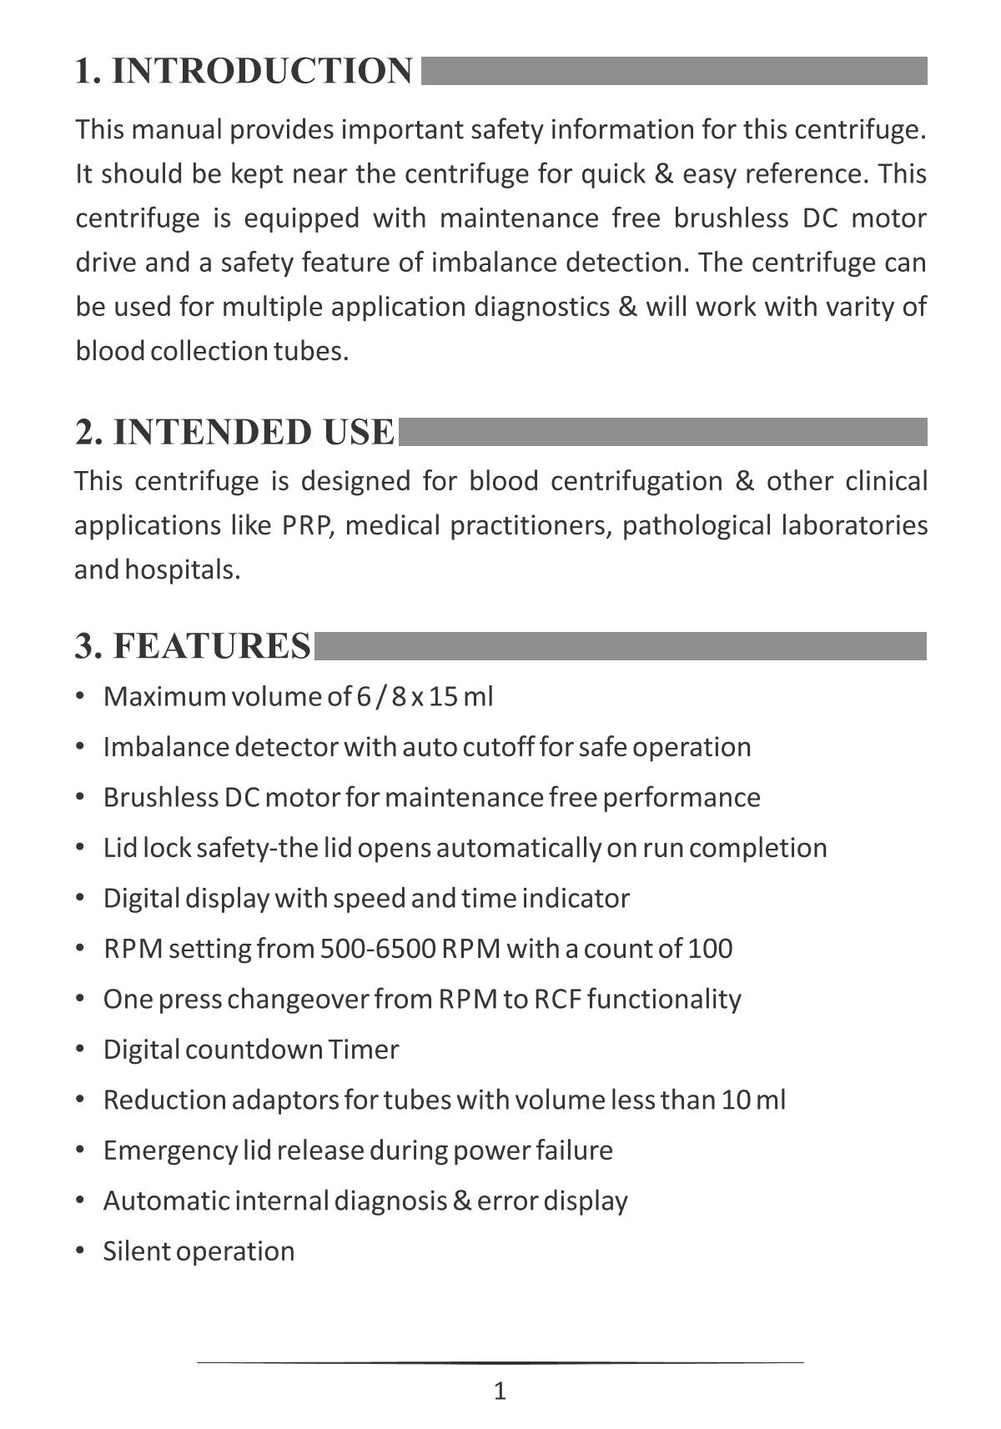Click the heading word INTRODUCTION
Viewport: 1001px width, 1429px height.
click(261, 72)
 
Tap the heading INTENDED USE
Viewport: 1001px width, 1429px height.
click(253, 433)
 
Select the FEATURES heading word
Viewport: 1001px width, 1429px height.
click(211, 646)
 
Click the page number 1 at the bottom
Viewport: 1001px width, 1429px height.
click(500, 1391)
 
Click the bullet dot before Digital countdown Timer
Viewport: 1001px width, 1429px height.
click(80, 1048)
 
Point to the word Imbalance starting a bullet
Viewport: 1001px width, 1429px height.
click(165, 747)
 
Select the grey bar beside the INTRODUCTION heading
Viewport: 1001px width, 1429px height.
click(674, 71)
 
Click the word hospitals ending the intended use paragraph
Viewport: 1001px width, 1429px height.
click(182, 570)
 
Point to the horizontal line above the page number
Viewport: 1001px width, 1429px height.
click(500, 1362)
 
